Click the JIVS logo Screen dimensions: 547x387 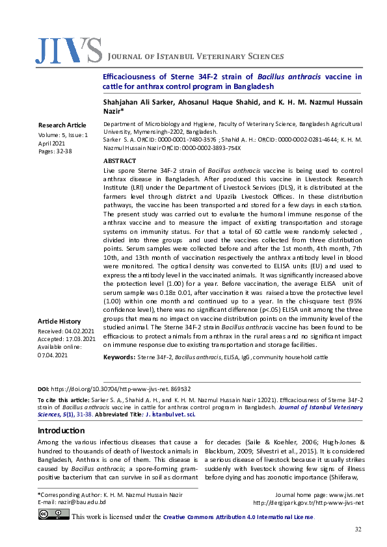69,51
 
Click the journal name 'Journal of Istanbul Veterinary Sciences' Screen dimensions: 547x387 195,57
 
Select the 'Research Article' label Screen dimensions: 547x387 62,124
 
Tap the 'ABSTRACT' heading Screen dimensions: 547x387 120,160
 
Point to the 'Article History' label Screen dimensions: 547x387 59,322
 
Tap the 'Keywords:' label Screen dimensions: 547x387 119,357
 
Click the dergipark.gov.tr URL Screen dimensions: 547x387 308,502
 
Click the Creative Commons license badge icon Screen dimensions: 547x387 53,515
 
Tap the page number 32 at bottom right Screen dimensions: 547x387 357,530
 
